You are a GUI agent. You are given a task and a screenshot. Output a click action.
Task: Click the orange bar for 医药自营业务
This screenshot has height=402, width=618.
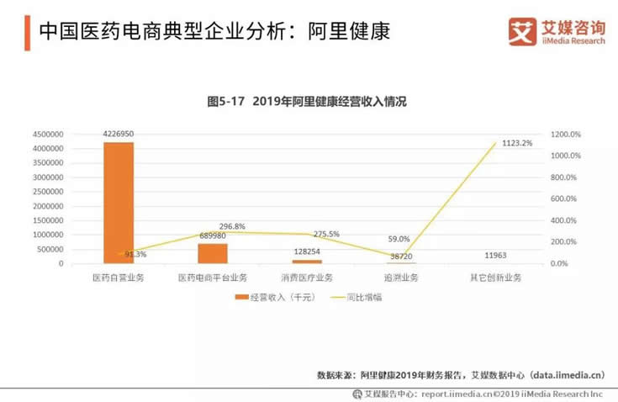tap(118, 203)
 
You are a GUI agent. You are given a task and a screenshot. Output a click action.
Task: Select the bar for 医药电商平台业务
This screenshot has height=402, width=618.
tap(212, 253)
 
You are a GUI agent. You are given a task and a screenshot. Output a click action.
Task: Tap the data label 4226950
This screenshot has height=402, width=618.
tap(118, 134)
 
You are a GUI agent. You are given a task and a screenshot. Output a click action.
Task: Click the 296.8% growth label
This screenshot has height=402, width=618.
tap(232, 227)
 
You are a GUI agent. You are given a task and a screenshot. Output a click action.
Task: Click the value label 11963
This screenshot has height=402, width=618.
tap(494, 254)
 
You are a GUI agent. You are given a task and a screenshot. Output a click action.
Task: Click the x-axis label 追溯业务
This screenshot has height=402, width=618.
tap(400, 278)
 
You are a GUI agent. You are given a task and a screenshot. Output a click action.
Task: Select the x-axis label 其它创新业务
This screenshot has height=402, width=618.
tap(494, 278)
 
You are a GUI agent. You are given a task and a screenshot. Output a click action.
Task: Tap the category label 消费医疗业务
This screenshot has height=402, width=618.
tap(306, 278)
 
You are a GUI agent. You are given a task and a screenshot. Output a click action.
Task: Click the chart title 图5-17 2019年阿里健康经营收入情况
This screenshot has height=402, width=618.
tap(307, 102)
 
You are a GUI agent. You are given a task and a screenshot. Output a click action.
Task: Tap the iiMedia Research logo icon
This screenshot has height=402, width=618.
tap(522, 31)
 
